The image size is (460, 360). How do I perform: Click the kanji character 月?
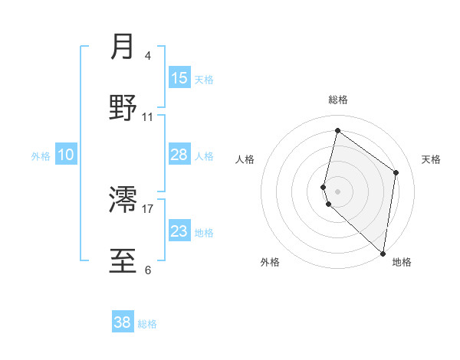[x=123, y=47]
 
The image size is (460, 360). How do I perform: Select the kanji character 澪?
[x=123, y=201]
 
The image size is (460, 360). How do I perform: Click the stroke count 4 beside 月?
[x=147, y=56]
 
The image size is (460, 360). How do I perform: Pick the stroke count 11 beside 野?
[x=147, y=117]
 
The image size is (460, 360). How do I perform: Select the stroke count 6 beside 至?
[x=147, y=270]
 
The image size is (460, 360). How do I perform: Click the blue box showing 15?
[x=179, y=78]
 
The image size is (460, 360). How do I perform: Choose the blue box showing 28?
[x=179, y=155]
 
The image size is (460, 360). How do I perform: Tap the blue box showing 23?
[x=179, y=231]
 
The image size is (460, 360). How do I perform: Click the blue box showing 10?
[x=66, y=155]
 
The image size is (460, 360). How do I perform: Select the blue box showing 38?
[x=123, y=322]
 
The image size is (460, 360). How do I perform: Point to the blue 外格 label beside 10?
[x=41, y=156]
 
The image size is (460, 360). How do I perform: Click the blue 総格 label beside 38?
[x=147, y=324]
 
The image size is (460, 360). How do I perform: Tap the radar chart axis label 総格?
[x=338, y=100]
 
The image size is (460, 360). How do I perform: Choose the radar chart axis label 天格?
[x=432, y=159]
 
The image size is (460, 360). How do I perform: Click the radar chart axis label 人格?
[x=245, y=159]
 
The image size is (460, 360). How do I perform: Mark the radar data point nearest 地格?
[x=383, y=254]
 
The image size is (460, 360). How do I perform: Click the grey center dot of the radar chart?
[x=338, y=191]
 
